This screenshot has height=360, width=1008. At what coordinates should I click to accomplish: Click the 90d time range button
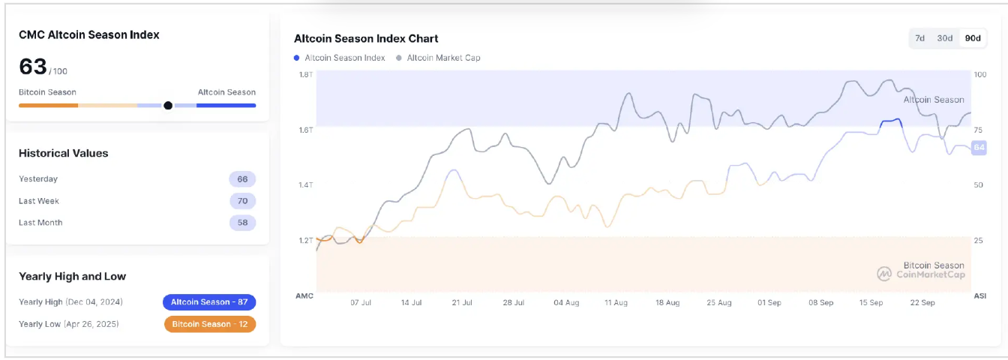coord(973,38)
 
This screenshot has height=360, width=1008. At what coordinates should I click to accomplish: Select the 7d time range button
coord(919,38)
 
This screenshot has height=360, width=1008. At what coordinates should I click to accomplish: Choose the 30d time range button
coord(945,38)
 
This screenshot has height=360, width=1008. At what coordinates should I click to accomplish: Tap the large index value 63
coord(33,67)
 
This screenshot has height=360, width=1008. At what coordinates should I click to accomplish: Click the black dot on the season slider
coord(168,105)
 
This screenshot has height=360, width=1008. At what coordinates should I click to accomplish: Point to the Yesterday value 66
coord(242,179)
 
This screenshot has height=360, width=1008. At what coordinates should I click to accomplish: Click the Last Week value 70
coord(242,201)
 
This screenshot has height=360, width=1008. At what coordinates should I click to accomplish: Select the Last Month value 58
coord(242,223)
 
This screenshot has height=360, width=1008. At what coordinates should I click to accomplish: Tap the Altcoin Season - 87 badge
coord(209,302)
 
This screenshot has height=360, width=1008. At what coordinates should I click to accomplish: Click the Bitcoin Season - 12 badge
coord(209,324)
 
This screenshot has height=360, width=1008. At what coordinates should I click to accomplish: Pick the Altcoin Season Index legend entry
coord(340,58)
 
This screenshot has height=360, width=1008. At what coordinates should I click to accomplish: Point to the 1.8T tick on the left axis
coord(305,74)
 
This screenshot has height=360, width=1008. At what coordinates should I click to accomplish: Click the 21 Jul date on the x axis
coord(461,303)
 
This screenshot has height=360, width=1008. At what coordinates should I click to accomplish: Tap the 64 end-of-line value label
coord(979,148)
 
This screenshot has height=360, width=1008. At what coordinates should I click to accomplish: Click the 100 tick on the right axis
coord(979,74)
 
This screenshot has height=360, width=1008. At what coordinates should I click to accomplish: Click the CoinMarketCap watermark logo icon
coord(884,274)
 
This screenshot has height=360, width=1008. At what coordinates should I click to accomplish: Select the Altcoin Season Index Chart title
coord(366,38)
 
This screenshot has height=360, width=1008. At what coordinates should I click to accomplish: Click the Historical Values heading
coord(64,153)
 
